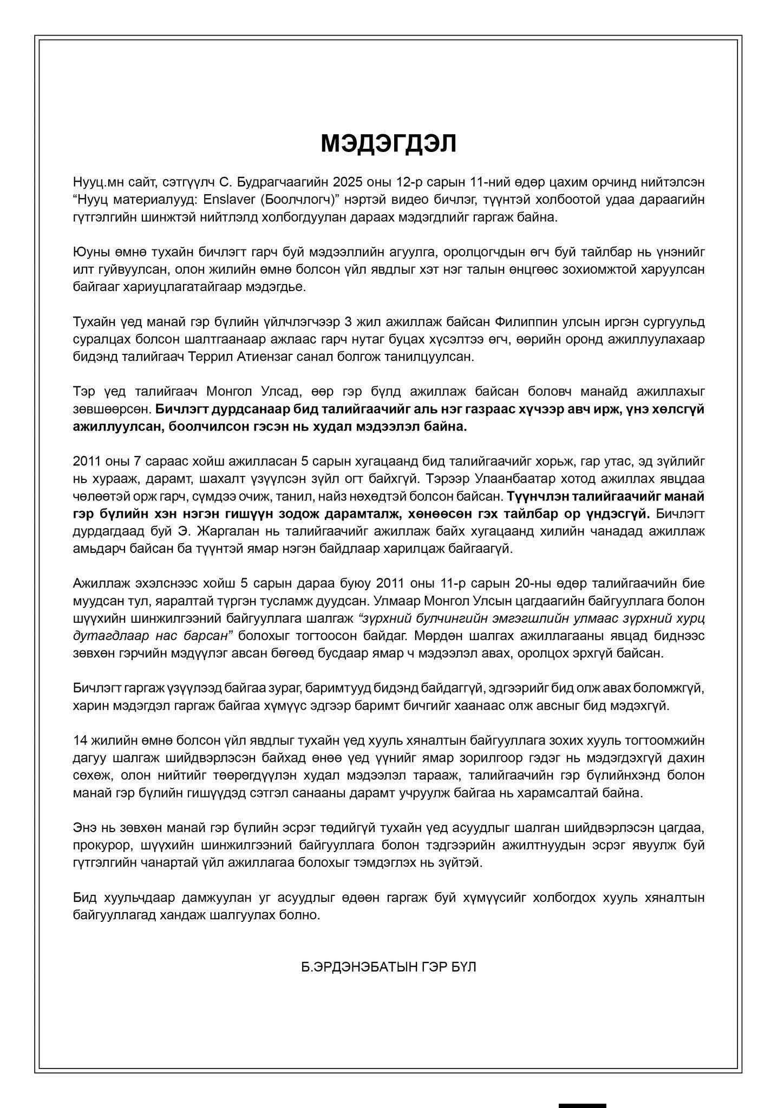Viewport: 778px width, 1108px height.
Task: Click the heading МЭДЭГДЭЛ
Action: [x=389, y=143]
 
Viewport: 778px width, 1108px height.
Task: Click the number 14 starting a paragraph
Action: [x=80, y=741]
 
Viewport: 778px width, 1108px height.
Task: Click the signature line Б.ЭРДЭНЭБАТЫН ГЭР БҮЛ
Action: [x=389, y=967]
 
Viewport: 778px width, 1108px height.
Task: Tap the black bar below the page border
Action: [x=582, y=1105]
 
